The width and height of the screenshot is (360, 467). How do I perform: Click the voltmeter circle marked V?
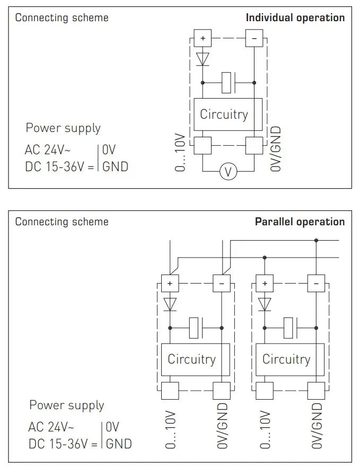[x=228, y=172]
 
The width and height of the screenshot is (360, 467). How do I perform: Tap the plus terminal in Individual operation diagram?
[x=203, y=38]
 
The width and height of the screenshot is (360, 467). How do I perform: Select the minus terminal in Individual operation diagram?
[x=254, y=38]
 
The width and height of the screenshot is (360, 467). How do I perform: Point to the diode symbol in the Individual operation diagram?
[x=203, y=59]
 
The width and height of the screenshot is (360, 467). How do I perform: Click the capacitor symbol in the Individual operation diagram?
[x=229, y=83]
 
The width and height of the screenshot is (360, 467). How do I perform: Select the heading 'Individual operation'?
[x=295, y=17]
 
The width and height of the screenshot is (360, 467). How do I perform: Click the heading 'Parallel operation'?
[x=300, y=222]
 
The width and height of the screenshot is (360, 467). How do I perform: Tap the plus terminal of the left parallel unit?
[x=170, y=283]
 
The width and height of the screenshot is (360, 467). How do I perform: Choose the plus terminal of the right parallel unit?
[x=265, y=283]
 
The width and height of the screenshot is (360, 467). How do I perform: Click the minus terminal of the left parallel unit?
[x=222, y=283]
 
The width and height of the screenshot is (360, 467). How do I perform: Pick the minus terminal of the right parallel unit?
[x=316, y=283]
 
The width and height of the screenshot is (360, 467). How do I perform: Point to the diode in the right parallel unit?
[x=265, y=304]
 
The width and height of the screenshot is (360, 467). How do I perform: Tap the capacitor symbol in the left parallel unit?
[x=196, y=328]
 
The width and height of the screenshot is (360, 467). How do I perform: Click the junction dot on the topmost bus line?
[x=316, y=240]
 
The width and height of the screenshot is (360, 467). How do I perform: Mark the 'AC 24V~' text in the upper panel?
[x=48, y=149]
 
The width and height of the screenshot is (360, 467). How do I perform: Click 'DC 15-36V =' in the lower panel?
[x=63, y=444]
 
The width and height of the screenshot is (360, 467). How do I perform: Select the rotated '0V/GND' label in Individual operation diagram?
[x=276, y=149]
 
